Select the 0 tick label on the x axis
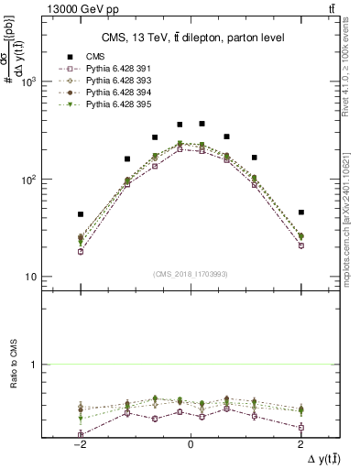click(x=191, y=444)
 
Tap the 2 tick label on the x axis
click(x=301, y=444)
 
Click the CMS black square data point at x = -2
click(x=81, y=214)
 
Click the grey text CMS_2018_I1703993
click(x=191, y=274)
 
